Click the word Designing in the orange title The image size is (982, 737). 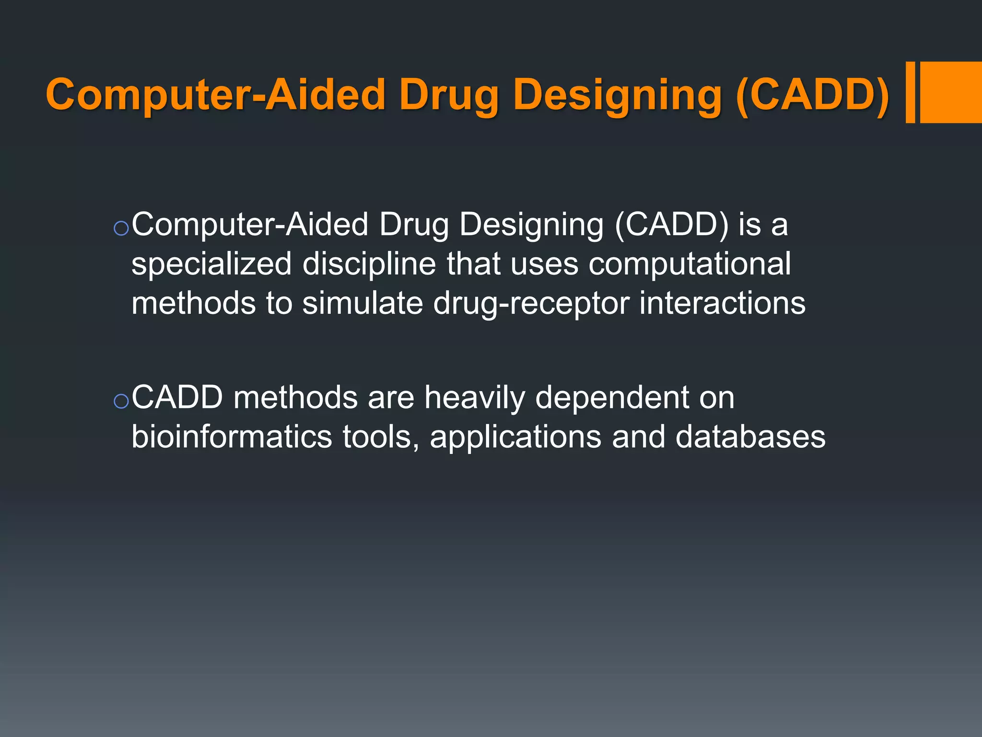(x=617, y=95)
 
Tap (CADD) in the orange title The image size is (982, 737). (x=812, y=95)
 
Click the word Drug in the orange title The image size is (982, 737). (x=449, y=95)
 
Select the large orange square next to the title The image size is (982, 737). (x=951, y=92)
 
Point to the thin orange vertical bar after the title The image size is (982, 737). (x=910, y=92)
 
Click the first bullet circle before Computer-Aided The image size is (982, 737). (x=121, y=228)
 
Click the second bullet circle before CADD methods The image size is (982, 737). (x=121, y=401)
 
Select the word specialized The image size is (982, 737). (x=211, y=264)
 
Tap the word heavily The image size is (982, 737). (x=474, y=398)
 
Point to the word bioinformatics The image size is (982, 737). (x=232, y=437)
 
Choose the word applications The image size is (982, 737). (x=515, y=437)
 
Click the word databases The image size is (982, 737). (x=750, y=437)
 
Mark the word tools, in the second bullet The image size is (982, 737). (x=381, y=437)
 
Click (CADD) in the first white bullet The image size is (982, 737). (x=671, y=225)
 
